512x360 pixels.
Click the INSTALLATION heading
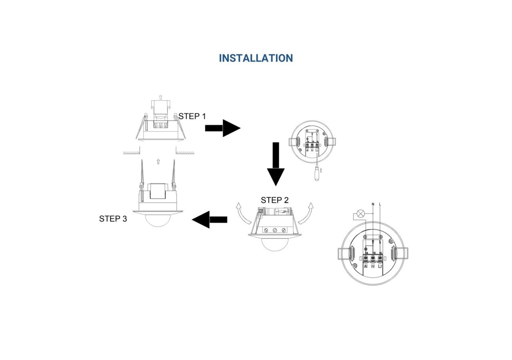coord(256,58)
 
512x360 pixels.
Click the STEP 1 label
coord(192,116)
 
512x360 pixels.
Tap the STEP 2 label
coord(274,200)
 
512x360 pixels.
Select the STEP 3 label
coord(113,219)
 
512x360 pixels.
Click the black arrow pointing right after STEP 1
coord(222,128)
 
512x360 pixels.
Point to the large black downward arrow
coord(276,164)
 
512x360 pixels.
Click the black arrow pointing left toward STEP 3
coord(210,220)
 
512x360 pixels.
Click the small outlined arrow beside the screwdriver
coord(321,171)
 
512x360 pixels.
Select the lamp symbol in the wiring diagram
coord(361,214)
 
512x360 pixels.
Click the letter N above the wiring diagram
coord(373,205)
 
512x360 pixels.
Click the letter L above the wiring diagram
coord(380,205)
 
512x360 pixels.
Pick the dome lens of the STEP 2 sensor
coord(274,244)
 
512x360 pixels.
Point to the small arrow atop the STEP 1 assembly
coord(160,97)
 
